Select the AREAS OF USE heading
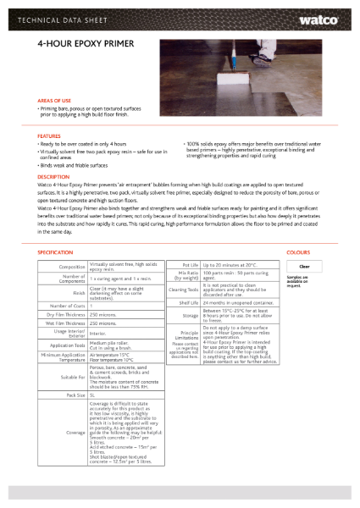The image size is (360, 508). coord(54,100)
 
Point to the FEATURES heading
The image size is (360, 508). coord(49,135)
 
